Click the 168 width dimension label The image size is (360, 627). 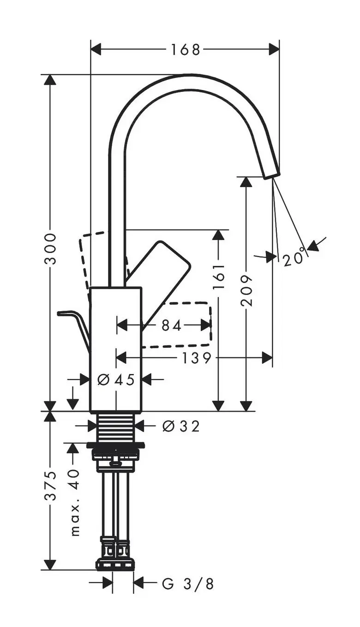point(186,49)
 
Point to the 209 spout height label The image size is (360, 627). point(246,290)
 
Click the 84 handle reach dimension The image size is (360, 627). point(172,325)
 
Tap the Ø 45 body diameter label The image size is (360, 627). point(116,380)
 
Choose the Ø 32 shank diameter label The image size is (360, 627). point(181,426)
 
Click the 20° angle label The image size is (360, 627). point(294,256)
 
